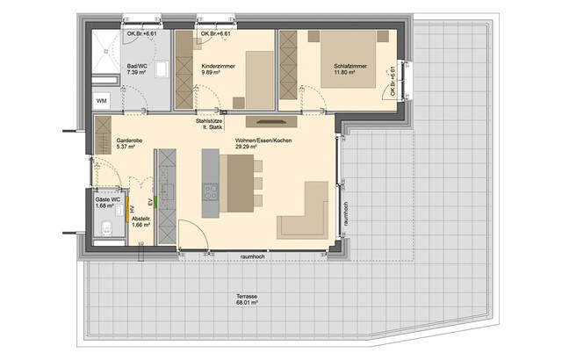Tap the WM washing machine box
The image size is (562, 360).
pos(102,102)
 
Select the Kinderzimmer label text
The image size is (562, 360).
pos(217,67)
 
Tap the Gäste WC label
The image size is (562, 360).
pos(108,201)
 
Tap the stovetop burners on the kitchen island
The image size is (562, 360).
pos(212,191)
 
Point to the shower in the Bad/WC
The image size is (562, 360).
pos(111,48)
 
